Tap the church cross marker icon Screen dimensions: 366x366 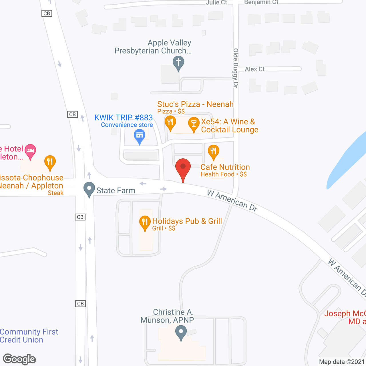pyautogui.click(x=178, y=63)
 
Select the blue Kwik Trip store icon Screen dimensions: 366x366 pyautogui.click(x=140, y=136)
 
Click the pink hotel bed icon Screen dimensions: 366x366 pyautogui.click(x=30, y=150)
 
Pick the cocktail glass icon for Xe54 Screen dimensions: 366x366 pyautogui.click(x=194, y=124)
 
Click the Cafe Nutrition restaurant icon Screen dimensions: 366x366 pyautogui.click(x=213, y=151)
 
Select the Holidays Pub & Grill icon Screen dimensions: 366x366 pyautogui.click(x=145, y=222)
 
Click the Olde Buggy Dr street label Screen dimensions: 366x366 pyautogui.click(x=236, y=68)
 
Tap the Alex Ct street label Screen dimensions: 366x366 pyautogui.click(x=254, y=69)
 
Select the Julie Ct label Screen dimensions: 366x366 pyautogui.click(x=216, y=3)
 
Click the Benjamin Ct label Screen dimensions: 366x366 pyautogui.click(x=261, y=2)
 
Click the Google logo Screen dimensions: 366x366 pyautogui.click(x=19, y=359)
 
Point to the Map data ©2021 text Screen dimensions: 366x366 pyautogui.click(x=342, y=362)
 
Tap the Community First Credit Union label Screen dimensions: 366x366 pyautogui.click(x=29, y=336)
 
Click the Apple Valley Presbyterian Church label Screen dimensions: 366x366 pyautogui.click(x=153, y=47)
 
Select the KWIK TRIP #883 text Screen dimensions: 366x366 pyautogui.click(x=124, y=118)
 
